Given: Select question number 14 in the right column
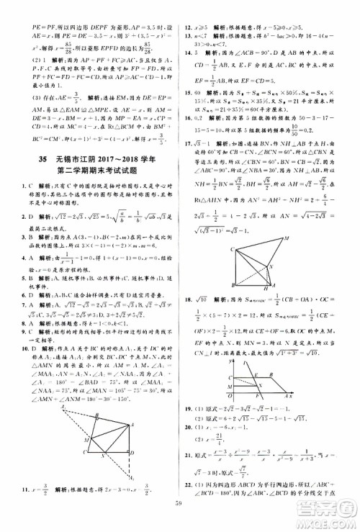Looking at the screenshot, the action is (x=187, y=53).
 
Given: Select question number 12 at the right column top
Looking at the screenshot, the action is (x=187, y=6).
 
